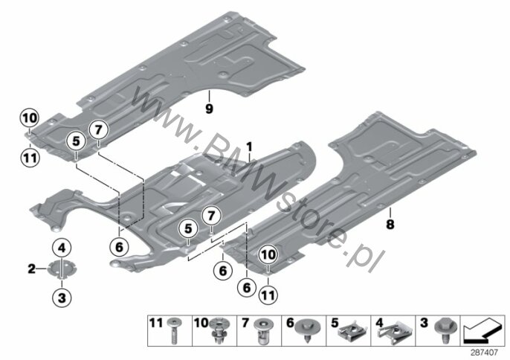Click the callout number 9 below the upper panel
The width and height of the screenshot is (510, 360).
(x=209, y=109)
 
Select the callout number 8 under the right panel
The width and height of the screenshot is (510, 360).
(x=390, y=225)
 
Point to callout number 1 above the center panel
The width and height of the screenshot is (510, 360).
(x=249, y=147)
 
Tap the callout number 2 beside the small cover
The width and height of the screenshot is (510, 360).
(x=31, y=269)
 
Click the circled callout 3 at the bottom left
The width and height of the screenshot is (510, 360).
(x=62, y=298)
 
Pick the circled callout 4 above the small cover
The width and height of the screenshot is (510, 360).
(x=62, y=248)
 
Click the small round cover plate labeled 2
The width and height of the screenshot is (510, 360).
(x=62, y=269)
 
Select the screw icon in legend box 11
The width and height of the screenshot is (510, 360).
(x=174, y=331)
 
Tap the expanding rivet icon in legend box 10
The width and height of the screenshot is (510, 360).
(x=219, y=330)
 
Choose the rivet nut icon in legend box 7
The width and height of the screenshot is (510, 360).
(x=262, y=330)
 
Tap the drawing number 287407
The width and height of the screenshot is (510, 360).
(x=485, y=352)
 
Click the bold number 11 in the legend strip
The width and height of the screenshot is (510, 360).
(x=156, y=324)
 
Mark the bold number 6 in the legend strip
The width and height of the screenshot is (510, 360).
(x=290, y=324)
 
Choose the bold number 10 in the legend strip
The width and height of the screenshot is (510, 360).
(x=201, y=324)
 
